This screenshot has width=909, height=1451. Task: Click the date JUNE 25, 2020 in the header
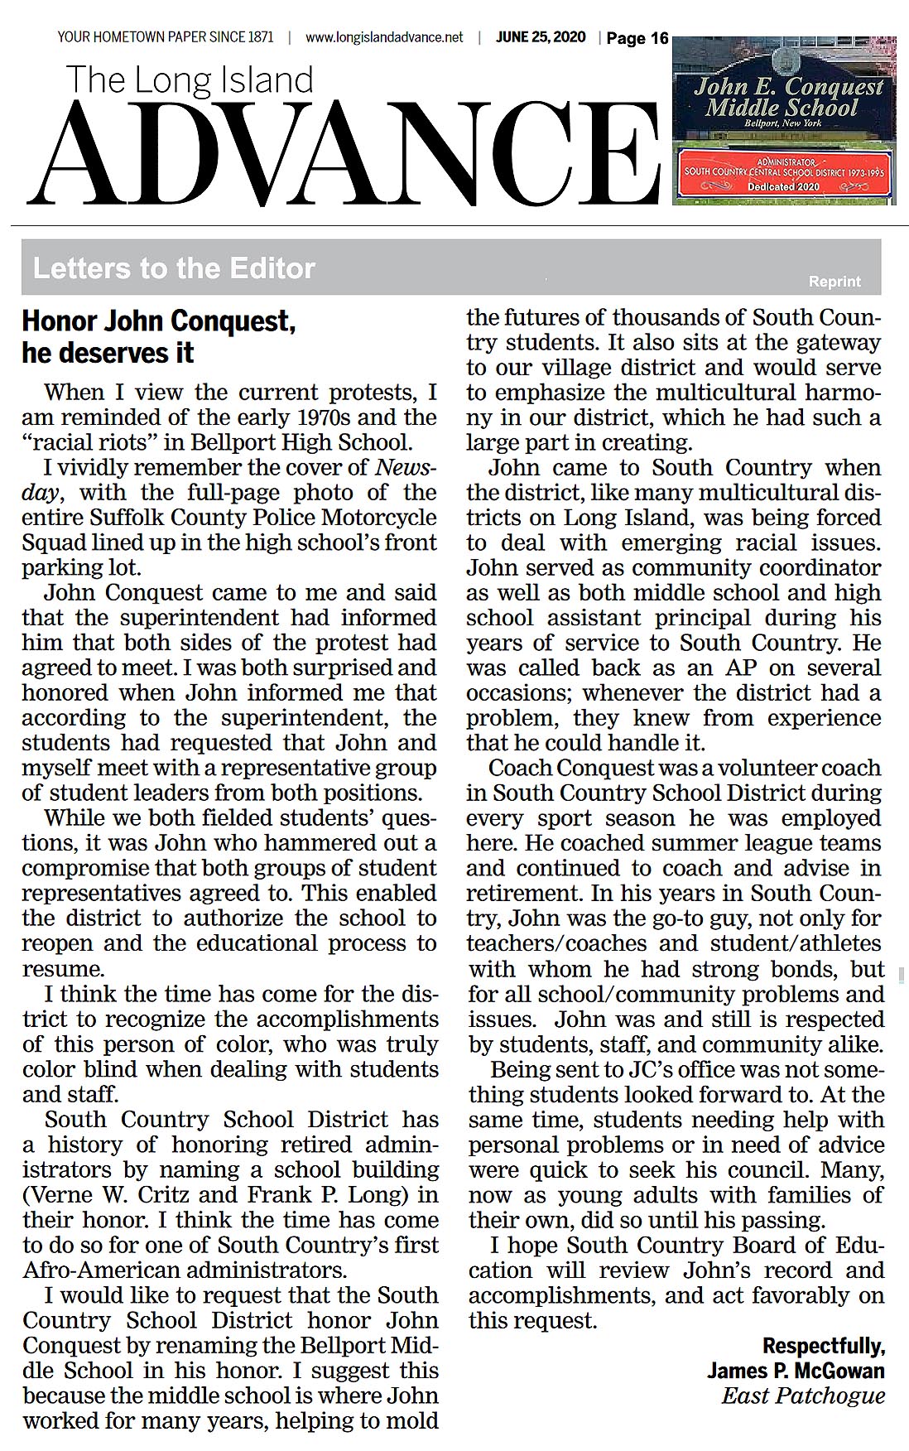pyautogui.click(x=541, y=37)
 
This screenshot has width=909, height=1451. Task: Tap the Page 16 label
pyautogui.click(x=637, y=38)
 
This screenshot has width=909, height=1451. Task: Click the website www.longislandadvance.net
pyautogui.click(x=384, y=37)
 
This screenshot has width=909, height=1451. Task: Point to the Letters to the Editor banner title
pyautogui.click(x=174, y=268)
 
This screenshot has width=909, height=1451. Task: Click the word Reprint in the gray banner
pyautogui.click(x=834, y=282)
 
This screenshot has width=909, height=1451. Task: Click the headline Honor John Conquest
pyautogui.click(x=158, y=321)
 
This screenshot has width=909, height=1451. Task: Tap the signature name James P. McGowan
pyautogui.click(x=796, y=1371)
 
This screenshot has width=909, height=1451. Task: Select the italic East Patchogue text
pyautogui.click(x=803, y=1396)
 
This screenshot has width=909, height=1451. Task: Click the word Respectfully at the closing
pyautogui.click(x=823, y=1345)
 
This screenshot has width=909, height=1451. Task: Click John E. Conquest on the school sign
pyautogui.click(x=788, y=86)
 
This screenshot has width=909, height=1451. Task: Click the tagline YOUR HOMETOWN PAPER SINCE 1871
pyautogui.click(x=165, y=37)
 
